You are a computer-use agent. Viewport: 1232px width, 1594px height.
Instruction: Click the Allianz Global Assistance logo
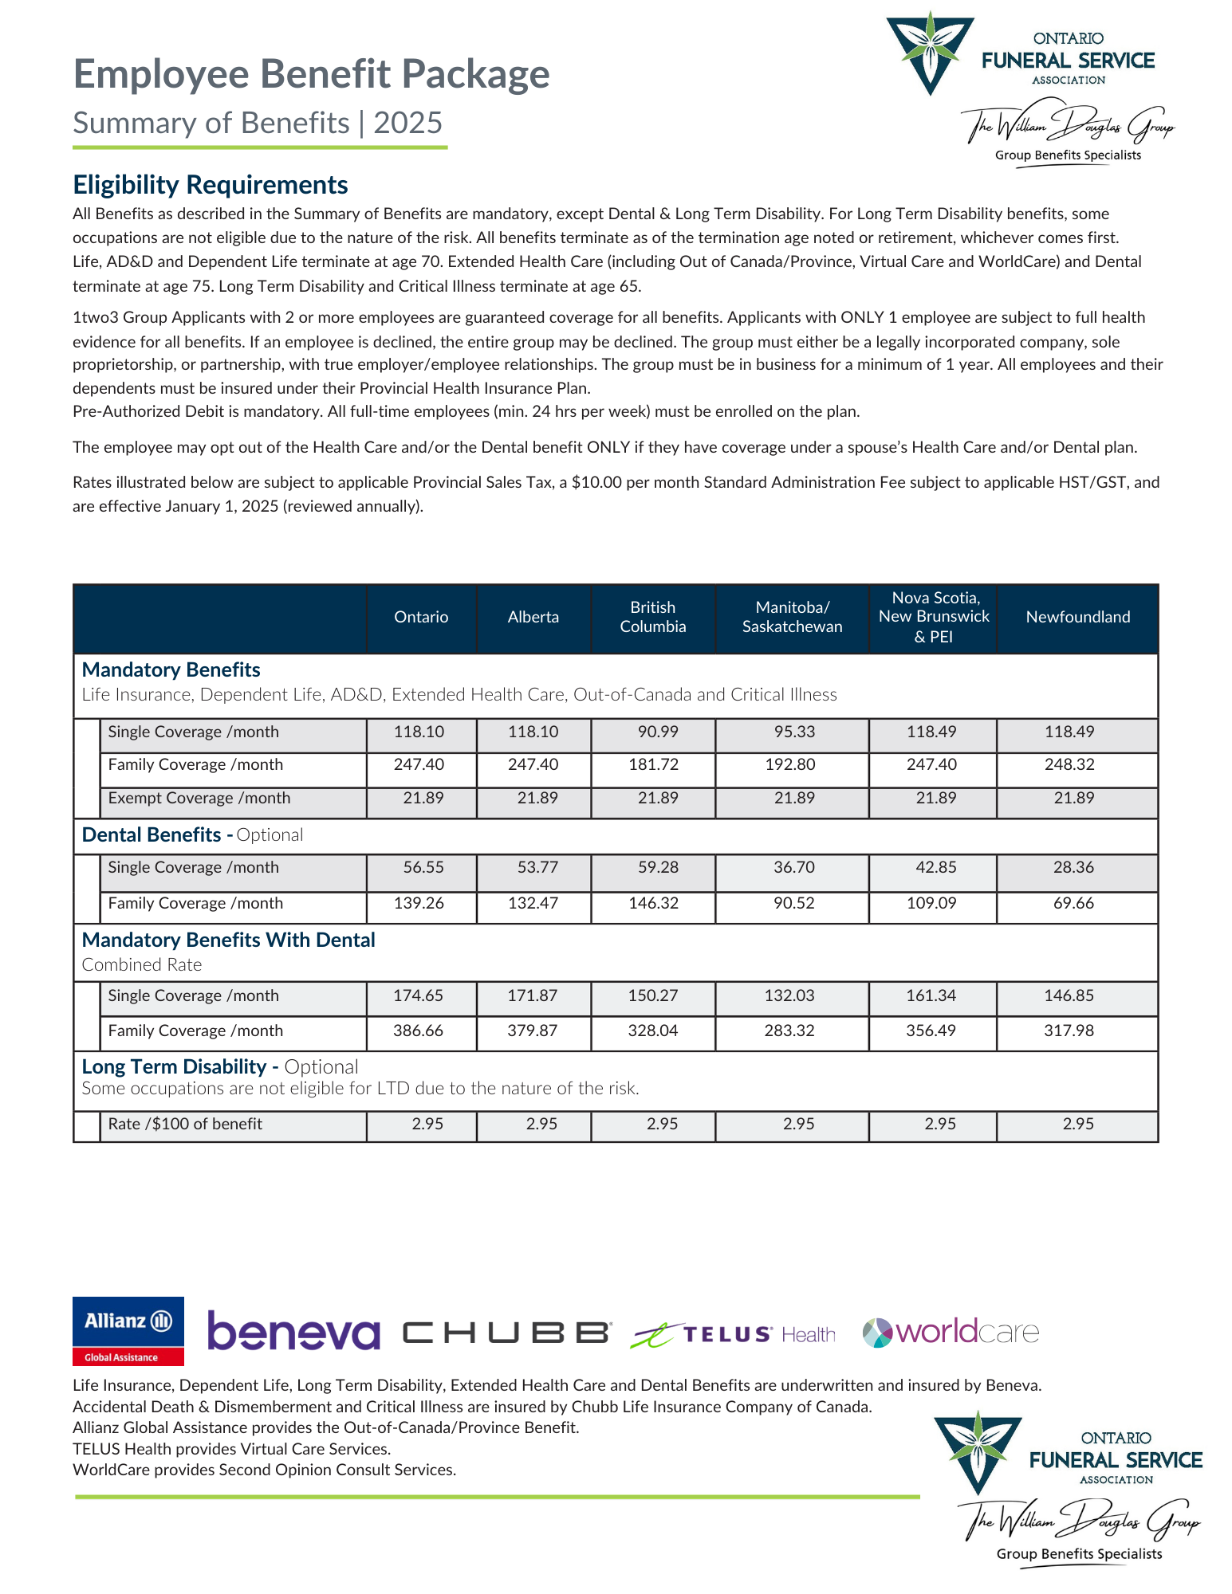tap(128, 1331)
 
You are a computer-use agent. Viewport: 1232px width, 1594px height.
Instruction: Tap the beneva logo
tap(293, 1332)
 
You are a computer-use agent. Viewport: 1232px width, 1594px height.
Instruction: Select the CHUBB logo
tap(506, 1333)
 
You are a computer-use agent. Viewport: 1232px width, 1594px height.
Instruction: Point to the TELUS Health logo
tap(733, 1334)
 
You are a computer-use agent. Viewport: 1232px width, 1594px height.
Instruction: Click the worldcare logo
tap(951, 1332)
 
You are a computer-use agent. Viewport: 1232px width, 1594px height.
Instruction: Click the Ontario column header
tap(421, 617)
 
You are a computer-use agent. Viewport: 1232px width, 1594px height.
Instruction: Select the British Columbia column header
tap(652, 617)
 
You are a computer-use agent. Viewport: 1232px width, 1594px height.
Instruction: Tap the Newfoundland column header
tap(1077, 617)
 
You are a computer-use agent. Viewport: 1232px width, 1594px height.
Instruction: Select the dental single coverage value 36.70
tap(793, 867)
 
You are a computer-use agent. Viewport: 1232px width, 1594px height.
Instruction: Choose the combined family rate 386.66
tap(418, 1031)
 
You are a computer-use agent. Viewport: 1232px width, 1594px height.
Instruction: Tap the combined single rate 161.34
tap(931, 995)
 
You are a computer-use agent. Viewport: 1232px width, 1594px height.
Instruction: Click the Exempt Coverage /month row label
tap(199, 798)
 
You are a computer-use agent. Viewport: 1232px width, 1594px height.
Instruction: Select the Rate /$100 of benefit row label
tap(185, 1124)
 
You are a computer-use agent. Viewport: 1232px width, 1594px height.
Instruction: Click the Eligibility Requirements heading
tap(211, 185)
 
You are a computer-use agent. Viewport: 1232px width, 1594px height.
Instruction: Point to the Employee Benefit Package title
tap(311, 74)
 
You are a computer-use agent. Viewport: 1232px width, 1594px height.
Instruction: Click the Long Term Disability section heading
tap(174, 1066)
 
